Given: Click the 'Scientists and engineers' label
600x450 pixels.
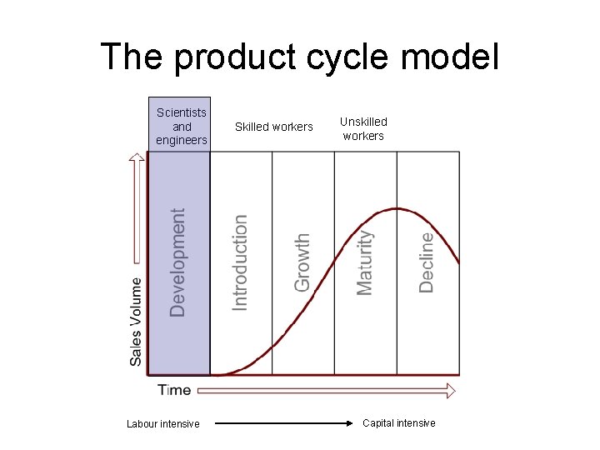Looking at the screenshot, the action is [182, 126].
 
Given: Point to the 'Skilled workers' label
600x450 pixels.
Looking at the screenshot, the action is [274, 127].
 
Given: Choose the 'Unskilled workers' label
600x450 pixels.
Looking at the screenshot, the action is [363, 128].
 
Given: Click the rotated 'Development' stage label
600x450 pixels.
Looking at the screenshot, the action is [178, 262].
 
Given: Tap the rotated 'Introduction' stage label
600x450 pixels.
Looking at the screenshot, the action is [240, 262].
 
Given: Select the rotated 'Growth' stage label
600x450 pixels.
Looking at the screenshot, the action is [302, 262].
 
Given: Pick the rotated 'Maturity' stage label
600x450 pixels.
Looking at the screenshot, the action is [364, 262].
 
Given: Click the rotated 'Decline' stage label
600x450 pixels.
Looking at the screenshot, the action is [426, 262].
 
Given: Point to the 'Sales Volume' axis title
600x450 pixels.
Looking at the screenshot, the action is [136, 321].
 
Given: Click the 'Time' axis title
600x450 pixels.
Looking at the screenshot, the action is [174, 390].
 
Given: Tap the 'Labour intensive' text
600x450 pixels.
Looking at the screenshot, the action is [163, 424].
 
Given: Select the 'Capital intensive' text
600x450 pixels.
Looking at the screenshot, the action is [398, 423].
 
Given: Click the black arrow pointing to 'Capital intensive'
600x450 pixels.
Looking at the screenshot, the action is [283, 424].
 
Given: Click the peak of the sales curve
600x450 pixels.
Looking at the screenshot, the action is [398, 208].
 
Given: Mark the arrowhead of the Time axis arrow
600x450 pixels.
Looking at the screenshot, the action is [451, 390].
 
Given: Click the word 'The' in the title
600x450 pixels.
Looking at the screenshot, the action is [132, 57].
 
